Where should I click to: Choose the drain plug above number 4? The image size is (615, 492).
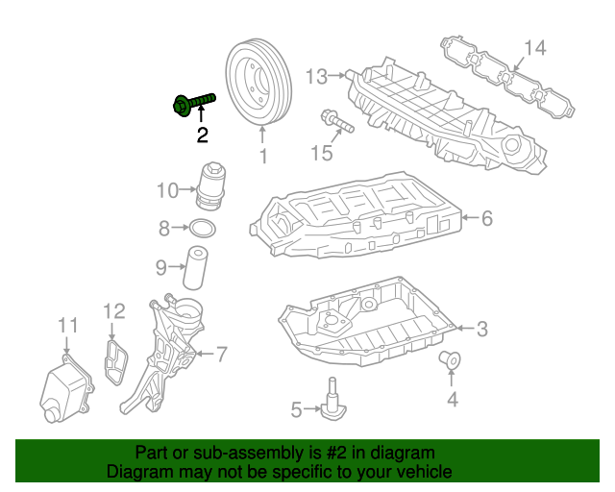pos(449,361)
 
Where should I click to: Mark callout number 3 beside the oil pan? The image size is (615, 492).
pos(481,329)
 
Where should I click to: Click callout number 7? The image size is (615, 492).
pos(221,355)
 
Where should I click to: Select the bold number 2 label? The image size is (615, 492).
pos(202,135)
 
